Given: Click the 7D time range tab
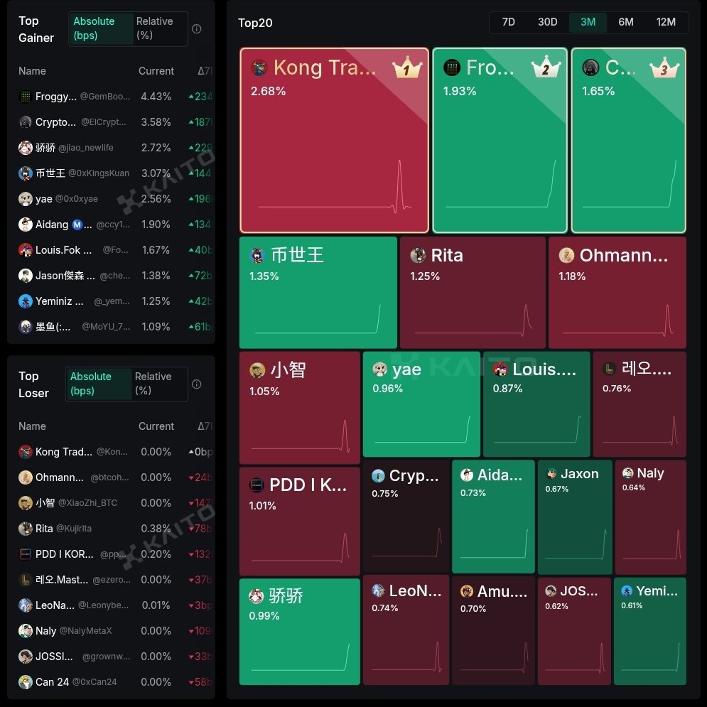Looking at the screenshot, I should pyautogui.click(x=508, y=22).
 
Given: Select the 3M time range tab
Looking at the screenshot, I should pyautogui.click(x=588, y=22).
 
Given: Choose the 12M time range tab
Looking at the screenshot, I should pyautogui.click(x=666, y=22).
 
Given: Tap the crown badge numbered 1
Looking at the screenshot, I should pyautogui.click(x=407, y=69).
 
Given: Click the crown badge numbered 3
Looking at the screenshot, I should pyautogui.click(x=664, y=69).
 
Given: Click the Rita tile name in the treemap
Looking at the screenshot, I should pyautogui.click(x=447, y=256).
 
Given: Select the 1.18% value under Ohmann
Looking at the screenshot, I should pyautogui.click(x=572, y=276).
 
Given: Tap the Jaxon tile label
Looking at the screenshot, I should pyautogui.click(x=580, y=474).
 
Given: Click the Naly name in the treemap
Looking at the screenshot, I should pyautogui.click(x=650, y=473).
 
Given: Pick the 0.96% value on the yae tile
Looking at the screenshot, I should pyautogui.click(x=388, y=389).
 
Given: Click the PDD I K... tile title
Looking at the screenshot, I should pyautogui.click(x=308, y=485).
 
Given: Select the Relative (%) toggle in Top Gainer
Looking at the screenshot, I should pyautogui.click(x=155, y=28).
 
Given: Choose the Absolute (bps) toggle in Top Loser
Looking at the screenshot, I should pyautogui.click(x=91, y=384).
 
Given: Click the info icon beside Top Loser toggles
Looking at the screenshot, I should pyautogui.click(x=197, y=384).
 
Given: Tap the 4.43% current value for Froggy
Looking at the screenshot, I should pyautogui.click(x=156, y=97).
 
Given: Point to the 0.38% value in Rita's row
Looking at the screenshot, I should pyautogui.click(x=156, y=529).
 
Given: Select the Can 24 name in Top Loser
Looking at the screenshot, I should pyautogui.click(x=52, y=682).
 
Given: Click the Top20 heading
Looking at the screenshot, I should pyautogui.click(x=255, y=23).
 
